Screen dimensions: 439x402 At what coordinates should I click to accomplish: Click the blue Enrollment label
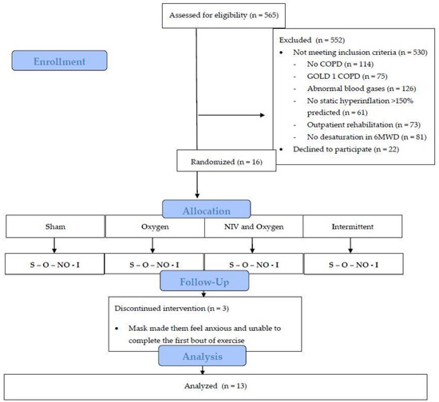(x=59, y=61)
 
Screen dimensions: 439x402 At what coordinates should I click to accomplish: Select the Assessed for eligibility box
(x=223, y=16)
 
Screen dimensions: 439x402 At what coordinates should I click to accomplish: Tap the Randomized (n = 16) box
(x=226, y=160)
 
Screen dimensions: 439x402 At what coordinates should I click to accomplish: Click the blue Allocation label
(x=207, y=209)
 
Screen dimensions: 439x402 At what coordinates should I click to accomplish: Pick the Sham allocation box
(x=55, y=227)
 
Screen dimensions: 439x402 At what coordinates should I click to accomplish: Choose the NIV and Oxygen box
(x=254, y=227)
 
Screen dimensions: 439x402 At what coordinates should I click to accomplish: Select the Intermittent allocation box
(x=353, y=227)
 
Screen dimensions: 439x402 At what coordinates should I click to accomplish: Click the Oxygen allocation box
(x=155, y=227)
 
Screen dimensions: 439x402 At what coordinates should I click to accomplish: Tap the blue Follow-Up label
(x=204, y=281)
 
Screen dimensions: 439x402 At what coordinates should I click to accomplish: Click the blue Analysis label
(x=202, y=356)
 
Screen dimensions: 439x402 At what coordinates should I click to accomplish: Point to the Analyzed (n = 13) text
(x=216, y=386)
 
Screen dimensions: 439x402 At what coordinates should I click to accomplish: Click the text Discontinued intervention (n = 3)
(x=172, y=309)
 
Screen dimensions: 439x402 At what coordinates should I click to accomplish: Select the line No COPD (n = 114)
(x=340, y=64)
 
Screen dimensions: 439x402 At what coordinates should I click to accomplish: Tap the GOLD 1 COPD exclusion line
(x=347, y=76)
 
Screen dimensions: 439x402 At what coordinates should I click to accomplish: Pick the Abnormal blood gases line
(x=362, y=89)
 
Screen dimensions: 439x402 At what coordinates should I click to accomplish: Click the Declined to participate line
(x=346, y=149)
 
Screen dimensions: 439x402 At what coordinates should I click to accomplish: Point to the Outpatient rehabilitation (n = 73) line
(x=364, y=124)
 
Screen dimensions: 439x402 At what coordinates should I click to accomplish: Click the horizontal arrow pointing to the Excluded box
(x=231, y=115)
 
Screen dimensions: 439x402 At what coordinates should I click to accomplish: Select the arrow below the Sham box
(x=54, y=246)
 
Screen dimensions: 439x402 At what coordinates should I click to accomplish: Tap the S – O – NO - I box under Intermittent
(x=354, y=264)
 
